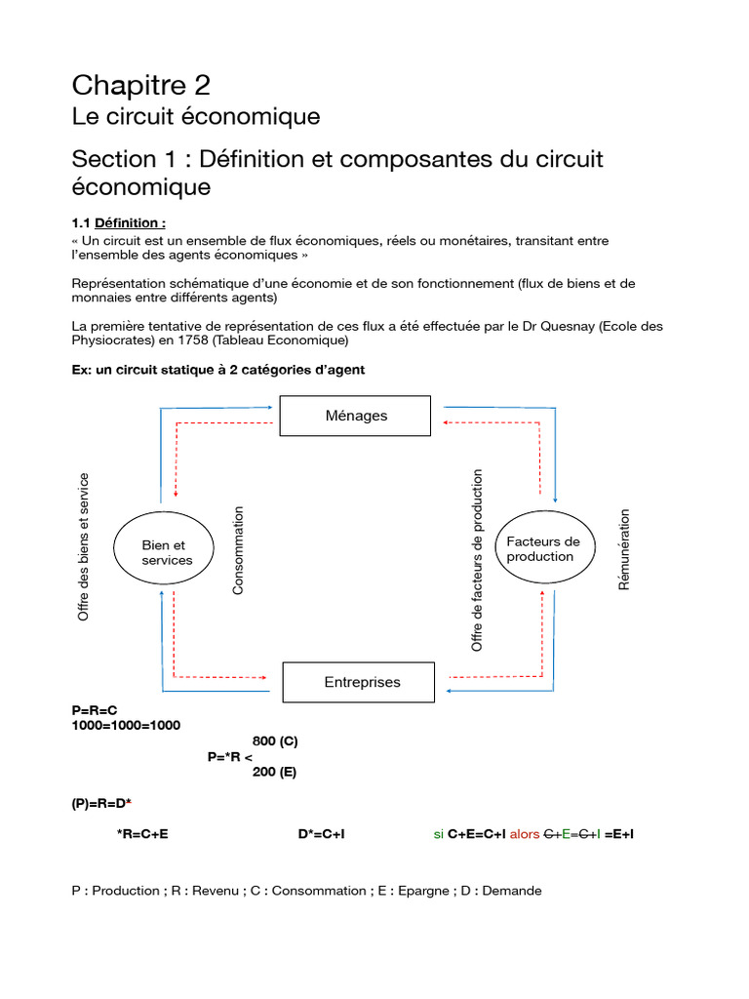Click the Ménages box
click(355, 416)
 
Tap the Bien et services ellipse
click(167, 553)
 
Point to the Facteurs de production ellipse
click(543, 549)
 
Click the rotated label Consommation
click(239, 550)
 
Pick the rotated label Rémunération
click(625, 549)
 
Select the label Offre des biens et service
click(84, 547)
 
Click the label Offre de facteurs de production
click(477, 560)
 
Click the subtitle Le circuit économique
click(196, 117)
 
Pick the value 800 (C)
click(275, 741)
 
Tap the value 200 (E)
click(274, 773)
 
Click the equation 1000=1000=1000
click(126, 726)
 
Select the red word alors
click(525, 835)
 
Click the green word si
click(439, 835)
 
